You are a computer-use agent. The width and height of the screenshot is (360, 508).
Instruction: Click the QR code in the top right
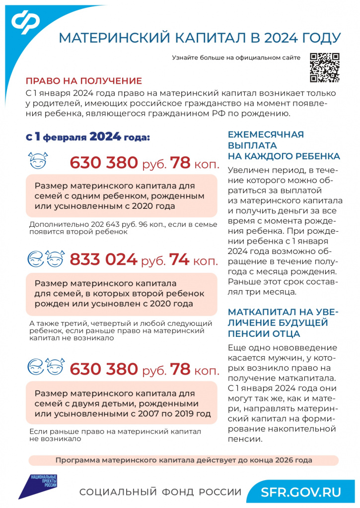point(325,67)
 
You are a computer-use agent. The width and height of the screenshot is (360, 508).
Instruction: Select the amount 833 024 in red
point(103,259)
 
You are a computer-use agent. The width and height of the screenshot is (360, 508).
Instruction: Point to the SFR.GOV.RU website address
point(301,492)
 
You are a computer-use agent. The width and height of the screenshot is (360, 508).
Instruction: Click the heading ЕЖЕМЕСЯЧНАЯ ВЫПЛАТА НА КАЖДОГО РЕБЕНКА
point(284,145)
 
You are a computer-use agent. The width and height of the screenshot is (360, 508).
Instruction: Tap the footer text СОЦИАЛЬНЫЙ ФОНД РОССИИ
point(160,492)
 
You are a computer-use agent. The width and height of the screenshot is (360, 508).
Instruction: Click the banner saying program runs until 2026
point(184,460)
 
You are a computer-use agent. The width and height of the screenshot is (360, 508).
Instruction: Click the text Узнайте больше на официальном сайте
point(236,58)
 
